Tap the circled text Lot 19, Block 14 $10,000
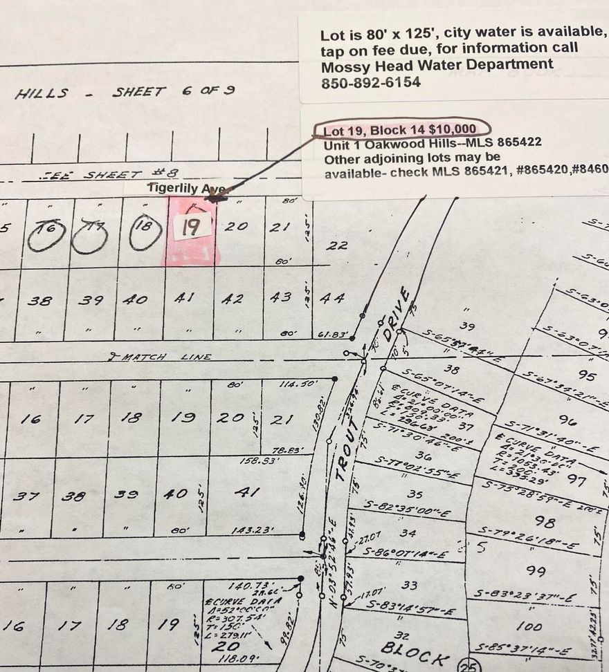[x=400, y=129]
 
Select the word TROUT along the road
[x=347, y=452]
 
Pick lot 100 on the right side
[x=529, y=626]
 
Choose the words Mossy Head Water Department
[x=437, y=65]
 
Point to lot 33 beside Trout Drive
[x=409, y=585]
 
